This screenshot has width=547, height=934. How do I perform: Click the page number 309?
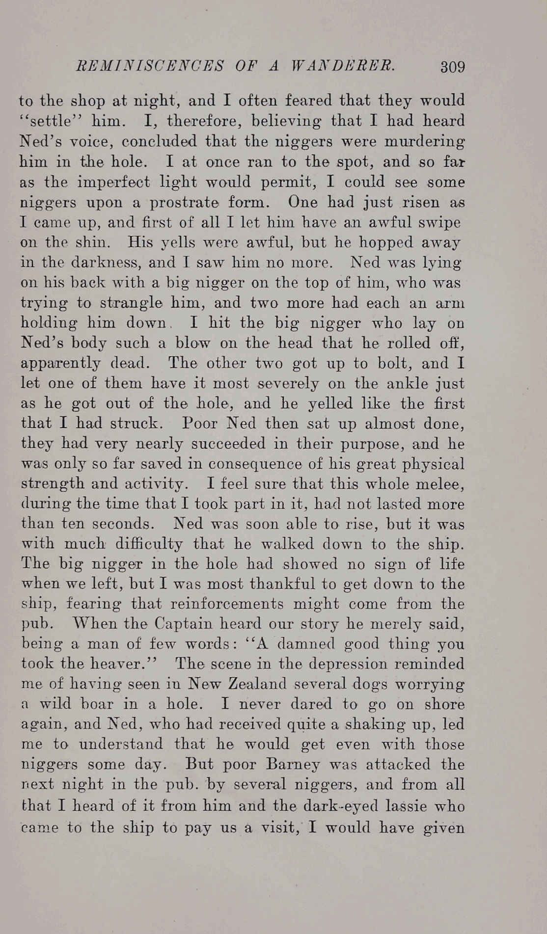(452, 66)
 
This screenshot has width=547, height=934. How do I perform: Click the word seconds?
(123, 524)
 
